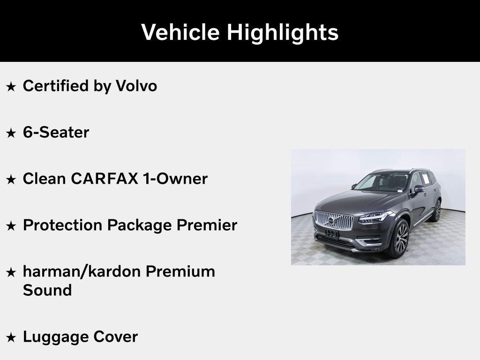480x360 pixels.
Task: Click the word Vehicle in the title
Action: [x=180, y=32]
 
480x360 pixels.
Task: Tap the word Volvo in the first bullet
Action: [x=136, y=86]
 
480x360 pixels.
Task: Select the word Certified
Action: [x=56, y=86]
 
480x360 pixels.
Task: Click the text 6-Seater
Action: [x=56, y=132]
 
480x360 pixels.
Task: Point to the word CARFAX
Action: [x=105, y=179]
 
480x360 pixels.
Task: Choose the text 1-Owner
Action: [x=175, y=179]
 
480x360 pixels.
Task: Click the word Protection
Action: [x=62, y=225]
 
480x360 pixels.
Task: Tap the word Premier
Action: [x=207, y=225]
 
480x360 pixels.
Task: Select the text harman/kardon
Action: [x=82, y=271]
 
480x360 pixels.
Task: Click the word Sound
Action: [x=47, y=290]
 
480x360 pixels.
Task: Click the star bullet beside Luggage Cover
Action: [x=11, y=337]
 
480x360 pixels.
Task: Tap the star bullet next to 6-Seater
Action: [x=11, y=133]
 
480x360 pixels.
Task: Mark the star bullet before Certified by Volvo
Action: [x=11, y=86]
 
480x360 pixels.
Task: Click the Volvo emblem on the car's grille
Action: [x=331, y=220]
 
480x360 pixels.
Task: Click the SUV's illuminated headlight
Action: [x=375, y=217]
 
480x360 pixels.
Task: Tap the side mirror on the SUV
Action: [x=419, y=189]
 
